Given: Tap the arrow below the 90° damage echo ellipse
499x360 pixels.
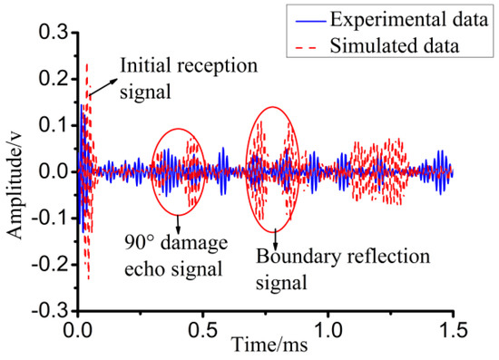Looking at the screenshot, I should [179, 225].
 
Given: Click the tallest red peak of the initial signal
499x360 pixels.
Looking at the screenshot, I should [87, 66].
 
